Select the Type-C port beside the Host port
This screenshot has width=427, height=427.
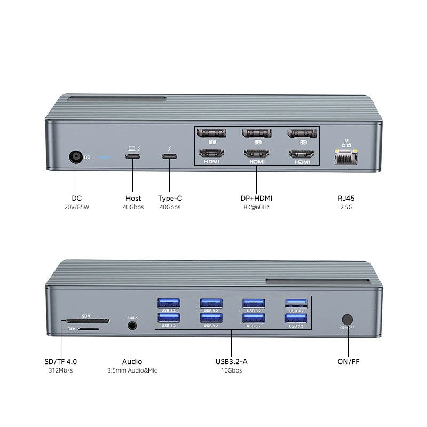coord(169,157)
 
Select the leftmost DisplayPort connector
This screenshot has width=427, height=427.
coord(212,134)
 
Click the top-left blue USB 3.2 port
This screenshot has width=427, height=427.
coord(169,303)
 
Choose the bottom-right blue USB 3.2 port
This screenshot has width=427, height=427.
coord(295,319)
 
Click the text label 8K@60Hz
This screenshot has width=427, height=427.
coord(256,207)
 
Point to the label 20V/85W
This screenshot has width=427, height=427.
coord(77,207)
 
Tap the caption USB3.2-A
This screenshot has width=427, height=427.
coord(231,361)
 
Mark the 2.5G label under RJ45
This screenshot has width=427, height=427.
coord(346,207)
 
